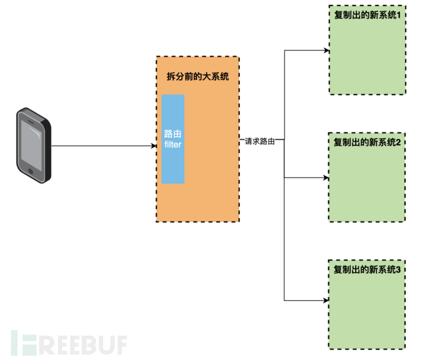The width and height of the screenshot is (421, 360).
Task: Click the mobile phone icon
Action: pos(34,145)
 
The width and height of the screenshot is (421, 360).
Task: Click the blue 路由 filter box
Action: pos(173,139)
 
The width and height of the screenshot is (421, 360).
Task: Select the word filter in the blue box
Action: pos(173,145)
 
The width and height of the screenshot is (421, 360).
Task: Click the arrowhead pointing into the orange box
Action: pos(153,146)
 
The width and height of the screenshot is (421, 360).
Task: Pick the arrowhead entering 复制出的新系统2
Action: pos(326,178)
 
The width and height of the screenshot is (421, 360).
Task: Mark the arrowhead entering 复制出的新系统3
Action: pos(326,300)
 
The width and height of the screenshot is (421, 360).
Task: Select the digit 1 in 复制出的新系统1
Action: pos(399,15)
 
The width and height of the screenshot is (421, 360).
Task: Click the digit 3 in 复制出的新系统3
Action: pos(399,269)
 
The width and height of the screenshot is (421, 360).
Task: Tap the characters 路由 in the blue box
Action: pos(173,134)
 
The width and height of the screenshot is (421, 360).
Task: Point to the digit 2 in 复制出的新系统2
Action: pos(399,142)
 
